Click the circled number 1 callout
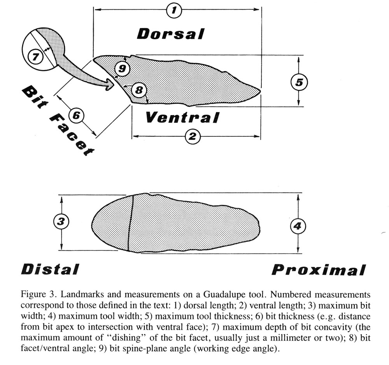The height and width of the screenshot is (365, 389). (x=174, y=10)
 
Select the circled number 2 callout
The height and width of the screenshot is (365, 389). (x=193, y=136)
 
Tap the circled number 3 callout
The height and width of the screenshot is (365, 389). (x=61, y=222)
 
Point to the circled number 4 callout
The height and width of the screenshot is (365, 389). (x=298, y=226)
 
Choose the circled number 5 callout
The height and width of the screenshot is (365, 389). (x=299, y=82)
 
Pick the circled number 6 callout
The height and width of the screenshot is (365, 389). (x=76, y=115)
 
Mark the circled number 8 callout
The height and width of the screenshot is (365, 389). (x=139, y=90)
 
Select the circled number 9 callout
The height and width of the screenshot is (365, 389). (x=122, y=68)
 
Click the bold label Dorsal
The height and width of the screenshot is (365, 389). (x=171, y=34)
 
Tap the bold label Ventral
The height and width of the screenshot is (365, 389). (x=182, y=117)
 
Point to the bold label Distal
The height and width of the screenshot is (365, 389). (x=50, y=269)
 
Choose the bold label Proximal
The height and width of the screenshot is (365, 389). (x=319, y=270)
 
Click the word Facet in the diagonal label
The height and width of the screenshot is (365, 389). (x=72, y=134)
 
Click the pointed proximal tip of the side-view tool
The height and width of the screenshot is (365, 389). (x=261, y=91)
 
